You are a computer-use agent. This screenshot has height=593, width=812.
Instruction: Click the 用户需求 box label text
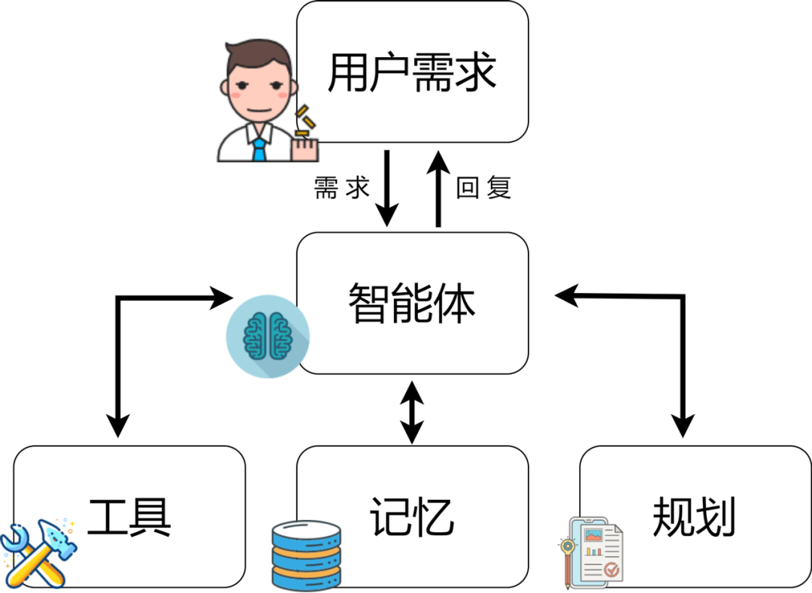tap(412, 74)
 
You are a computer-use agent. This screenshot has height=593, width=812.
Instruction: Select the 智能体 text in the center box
tap(412, 303)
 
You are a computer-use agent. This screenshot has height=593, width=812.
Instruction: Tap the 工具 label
tap(129, 516)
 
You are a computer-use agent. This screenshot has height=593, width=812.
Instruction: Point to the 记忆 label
tap(412, 516)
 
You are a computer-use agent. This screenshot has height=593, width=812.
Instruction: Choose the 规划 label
tap(694, 516)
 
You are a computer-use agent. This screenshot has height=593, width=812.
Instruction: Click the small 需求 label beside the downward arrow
tap(342, 188)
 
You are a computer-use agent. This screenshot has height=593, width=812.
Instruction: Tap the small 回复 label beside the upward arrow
tap(483, 188)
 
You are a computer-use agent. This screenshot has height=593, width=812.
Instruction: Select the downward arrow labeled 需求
tap(386, 188)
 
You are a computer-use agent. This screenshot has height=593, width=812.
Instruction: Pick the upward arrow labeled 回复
tap(439, 188)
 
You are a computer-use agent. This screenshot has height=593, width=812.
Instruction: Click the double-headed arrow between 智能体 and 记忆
tap(411, 411)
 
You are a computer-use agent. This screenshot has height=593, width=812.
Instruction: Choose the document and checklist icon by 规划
tap(594, 552)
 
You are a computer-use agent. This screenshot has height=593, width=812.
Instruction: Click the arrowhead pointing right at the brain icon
tap(222, 298)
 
